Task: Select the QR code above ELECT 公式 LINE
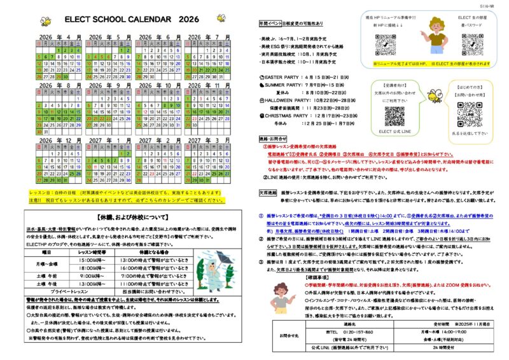[x=394, y=116]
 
